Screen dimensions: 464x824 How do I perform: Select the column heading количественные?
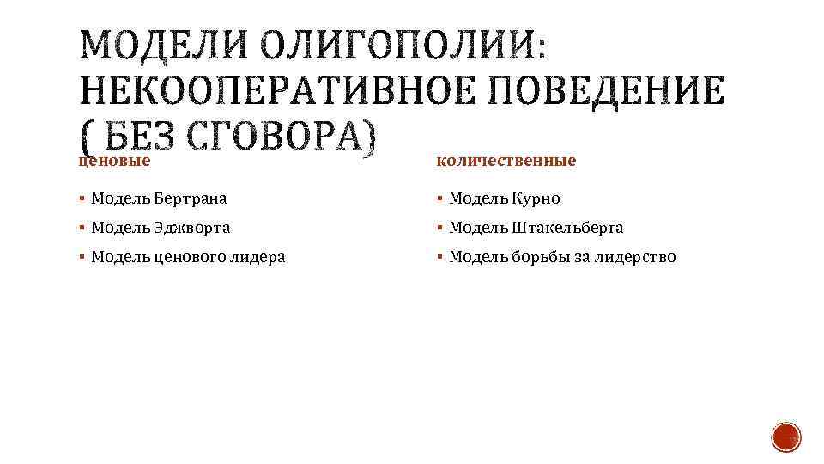506,161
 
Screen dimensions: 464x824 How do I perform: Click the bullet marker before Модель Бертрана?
82,199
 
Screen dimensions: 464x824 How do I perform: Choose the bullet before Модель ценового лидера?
82,257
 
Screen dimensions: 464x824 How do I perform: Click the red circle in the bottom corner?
786,437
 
